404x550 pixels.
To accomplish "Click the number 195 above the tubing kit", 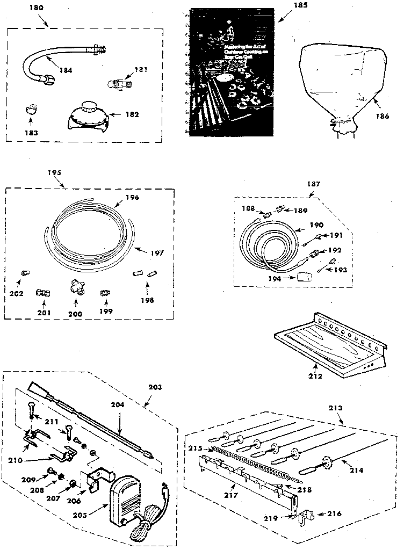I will click(x=54, y=172).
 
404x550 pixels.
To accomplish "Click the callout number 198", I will click(x=146, y=300).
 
